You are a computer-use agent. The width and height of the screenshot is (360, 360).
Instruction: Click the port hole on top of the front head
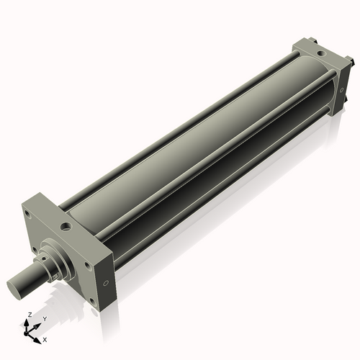[x=66, y=226]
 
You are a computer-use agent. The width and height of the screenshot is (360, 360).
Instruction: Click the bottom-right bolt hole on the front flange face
[x=92, y=300]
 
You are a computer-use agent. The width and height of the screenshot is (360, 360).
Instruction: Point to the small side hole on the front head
[x=107, y=283]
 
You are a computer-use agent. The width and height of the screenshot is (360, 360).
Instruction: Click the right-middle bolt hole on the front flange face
[x=87, y=265]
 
